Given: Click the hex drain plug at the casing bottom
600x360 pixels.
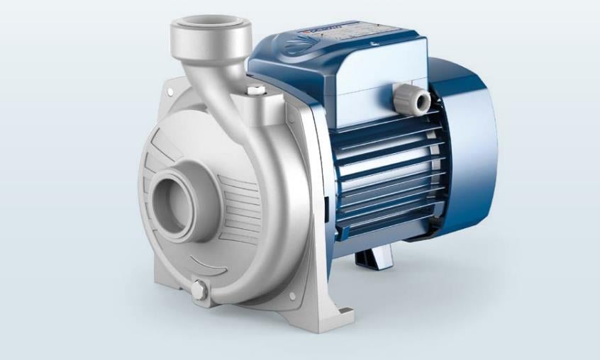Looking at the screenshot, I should (200, 290).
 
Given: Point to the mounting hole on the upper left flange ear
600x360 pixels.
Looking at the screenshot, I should (171, 92).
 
